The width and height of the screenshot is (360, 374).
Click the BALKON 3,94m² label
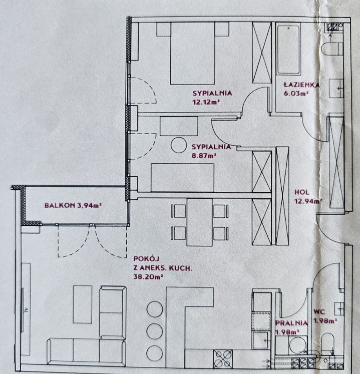pos(73,205)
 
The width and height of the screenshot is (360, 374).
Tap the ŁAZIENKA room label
pos(301,85)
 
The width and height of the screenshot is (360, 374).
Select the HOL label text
pos(302,192)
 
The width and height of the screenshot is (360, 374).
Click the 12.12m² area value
pos(206,102)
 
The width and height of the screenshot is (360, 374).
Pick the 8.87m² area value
pos(203,156)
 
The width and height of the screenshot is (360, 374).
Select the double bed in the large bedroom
pos(192,53)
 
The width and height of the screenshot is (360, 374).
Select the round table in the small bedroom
pos(178,145)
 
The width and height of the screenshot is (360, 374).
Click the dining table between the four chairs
pos(200,222)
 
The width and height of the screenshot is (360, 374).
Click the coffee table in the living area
pos(83,304)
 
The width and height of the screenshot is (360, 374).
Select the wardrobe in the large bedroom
pos(262,52)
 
